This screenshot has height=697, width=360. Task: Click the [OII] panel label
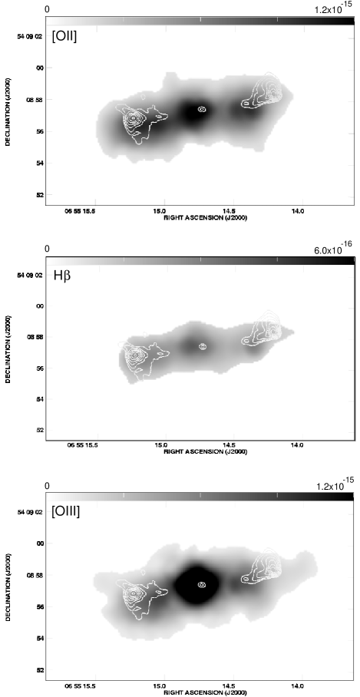click(65, 35)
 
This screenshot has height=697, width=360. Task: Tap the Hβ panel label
click(61, 274)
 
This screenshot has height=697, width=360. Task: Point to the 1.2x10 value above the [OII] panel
click(332, 9)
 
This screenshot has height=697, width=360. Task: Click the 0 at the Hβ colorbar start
click(47, 249)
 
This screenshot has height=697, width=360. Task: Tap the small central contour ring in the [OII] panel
click(202, 109)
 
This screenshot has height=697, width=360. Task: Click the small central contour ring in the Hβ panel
click(203, 346)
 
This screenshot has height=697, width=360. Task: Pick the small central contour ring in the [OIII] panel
click(202, 585)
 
